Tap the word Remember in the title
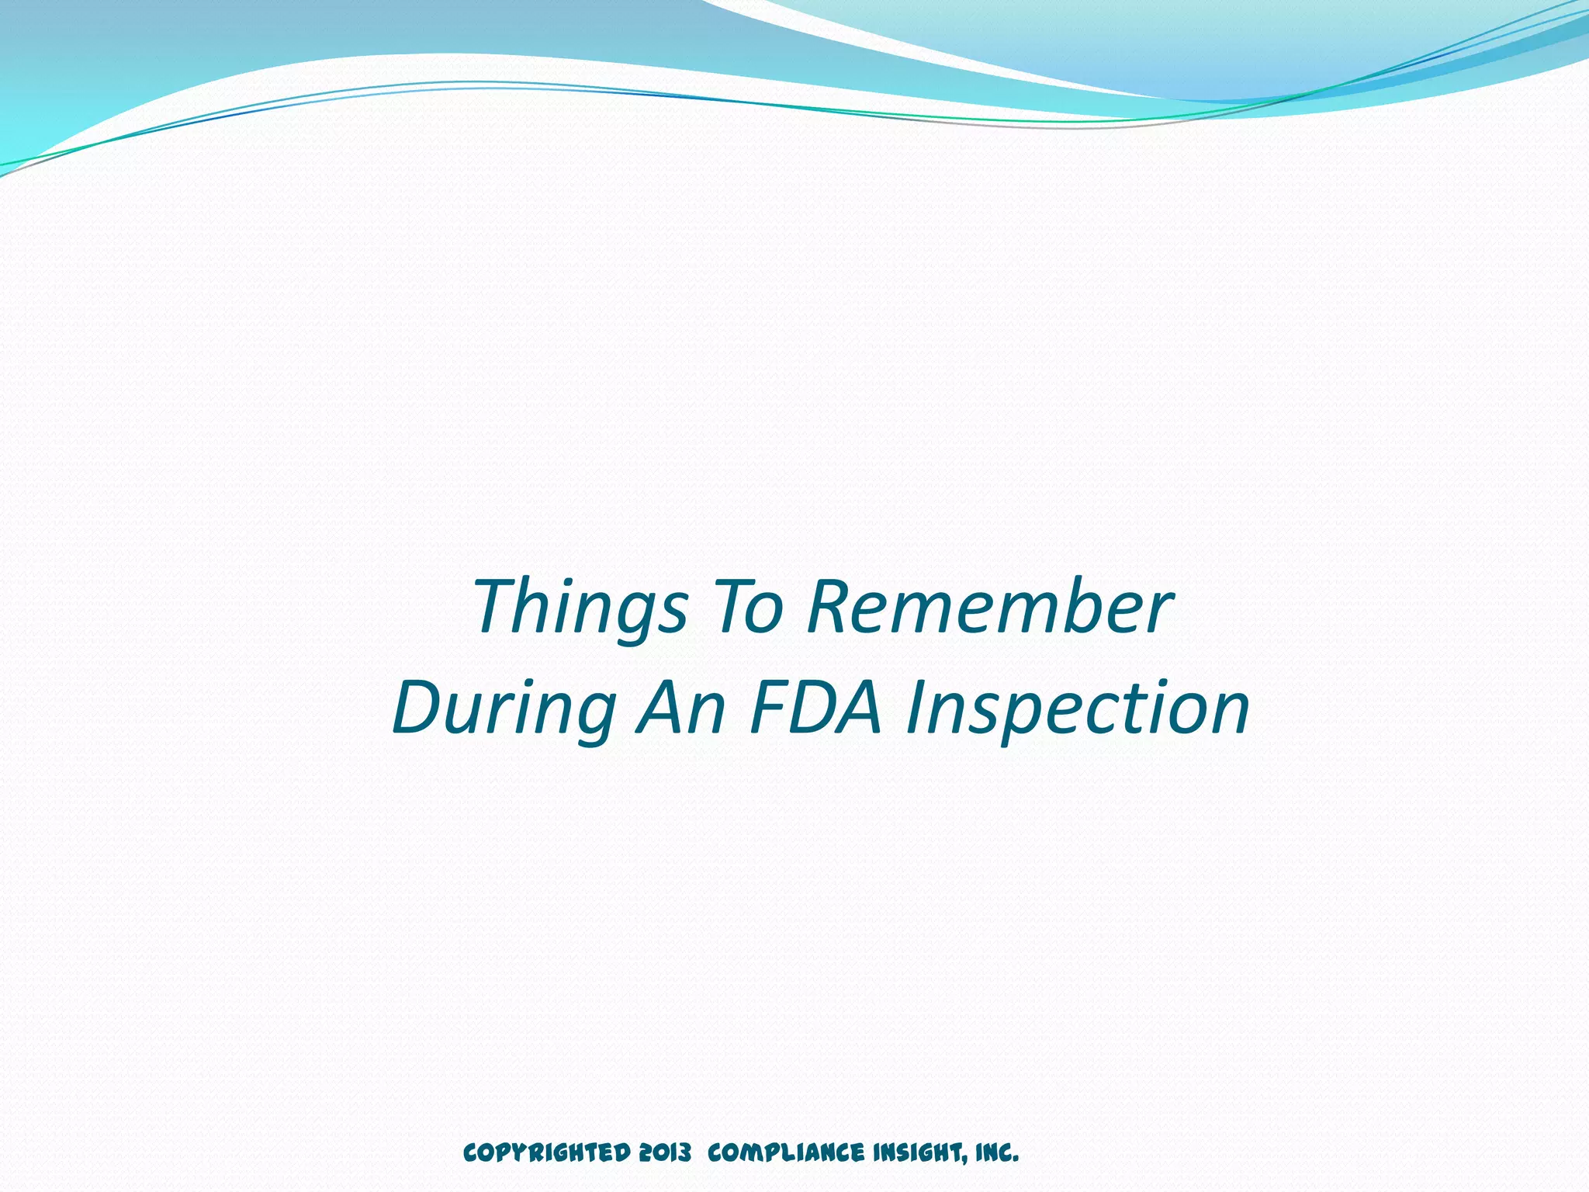(988, 608)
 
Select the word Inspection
(1077, 709)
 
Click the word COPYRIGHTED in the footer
(546, 1153)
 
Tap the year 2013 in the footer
(665, 1153)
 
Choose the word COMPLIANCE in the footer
(785, 1153)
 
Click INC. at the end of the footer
(996, 1153)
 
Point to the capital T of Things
(497, 608)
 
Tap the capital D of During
(419, 709)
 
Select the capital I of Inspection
(919, 709)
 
